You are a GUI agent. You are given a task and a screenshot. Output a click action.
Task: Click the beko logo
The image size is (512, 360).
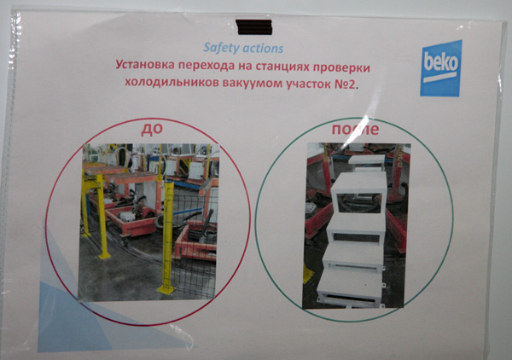pyautogui.click(x=440, y=68)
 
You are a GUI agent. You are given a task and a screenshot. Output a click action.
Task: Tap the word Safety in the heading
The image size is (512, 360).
pyautogui.click(x=217, y=48)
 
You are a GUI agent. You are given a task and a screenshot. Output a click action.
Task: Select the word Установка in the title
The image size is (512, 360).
pyautogui.click(x=145, y=65)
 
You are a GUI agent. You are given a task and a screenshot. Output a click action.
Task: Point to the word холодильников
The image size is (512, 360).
pyautogui.click(x=172, y=83)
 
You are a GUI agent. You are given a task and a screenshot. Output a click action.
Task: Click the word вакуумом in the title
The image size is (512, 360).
pyautogui.click(x=253, y=84)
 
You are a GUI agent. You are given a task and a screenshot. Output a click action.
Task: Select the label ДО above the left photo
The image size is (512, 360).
pyautogui.click(x=152, y=130)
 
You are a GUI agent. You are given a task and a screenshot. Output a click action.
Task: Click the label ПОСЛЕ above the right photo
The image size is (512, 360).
pyautogui.click(x=355, y=129)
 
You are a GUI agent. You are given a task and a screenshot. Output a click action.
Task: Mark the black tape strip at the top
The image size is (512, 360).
pyautogui.click(x=253, y=26)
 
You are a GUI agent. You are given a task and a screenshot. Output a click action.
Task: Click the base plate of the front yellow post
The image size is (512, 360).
pyautogui.click(x=167, y=289)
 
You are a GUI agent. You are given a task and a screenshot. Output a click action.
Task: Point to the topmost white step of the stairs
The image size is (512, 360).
pyautogui.click(x=366, y=160)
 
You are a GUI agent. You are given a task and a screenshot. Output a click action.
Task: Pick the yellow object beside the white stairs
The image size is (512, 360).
pyautogui.click(x=307, y=274)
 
